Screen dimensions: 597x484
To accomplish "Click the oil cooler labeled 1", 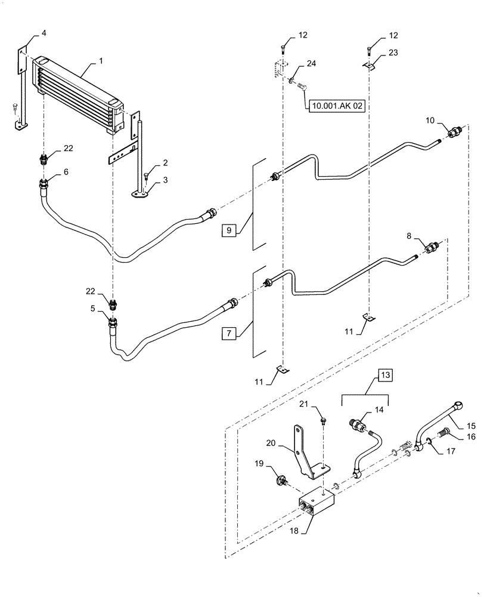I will [77, 93].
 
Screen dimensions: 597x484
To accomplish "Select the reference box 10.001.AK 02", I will [336, 105].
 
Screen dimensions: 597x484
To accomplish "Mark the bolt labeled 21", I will [322, 421].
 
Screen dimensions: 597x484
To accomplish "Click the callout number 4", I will [44, 34].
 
